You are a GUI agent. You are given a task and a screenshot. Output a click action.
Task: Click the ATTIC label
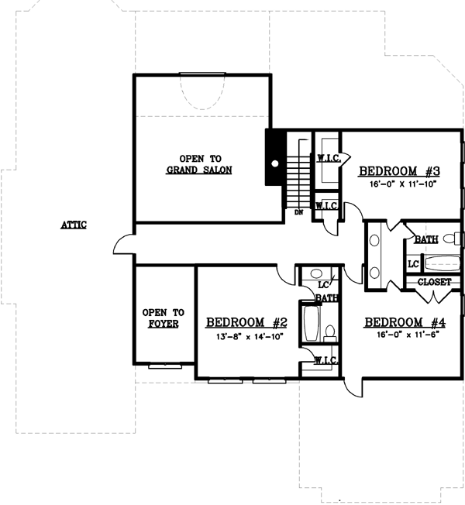(x=74, y=225)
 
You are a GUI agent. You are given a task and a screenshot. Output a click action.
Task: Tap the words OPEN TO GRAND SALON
(x=200, y=163)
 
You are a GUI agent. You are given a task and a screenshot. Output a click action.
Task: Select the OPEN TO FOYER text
(x=160, y=318)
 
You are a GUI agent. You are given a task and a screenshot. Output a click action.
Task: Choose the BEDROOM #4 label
(x=405, y=322)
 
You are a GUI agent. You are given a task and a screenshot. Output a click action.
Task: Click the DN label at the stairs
(x=298, y=211)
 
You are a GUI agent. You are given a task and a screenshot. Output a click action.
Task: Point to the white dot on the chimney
(x=274, y=164)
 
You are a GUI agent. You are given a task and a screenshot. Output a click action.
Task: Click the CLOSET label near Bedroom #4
(x=434, y=282)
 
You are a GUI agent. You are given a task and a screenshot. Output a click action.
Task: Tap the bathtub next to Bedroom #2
(x=312, y=325)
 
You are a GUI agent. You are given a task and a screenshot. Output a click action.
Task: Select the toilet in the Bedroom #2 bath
(x=330, y=333)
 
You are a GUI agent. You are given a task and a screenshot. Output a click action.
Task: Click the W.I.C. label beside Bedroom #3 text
(x=326, y=158)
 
